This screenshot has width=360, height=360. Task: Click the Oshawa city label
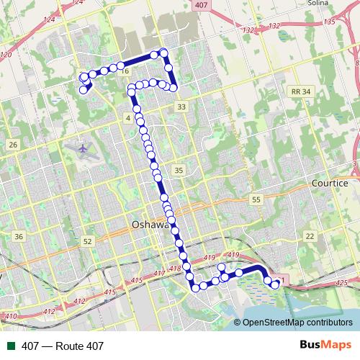tap(151, 224)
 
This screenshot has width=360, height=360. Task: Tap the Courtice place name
tap(330, 183)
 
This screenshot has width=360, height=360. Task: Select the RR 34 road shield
tap(301, 91)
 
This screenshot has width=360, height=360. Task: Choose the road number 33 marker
tap(181, 107)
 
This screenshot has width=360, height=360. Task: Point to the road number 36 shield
tap(19, 236)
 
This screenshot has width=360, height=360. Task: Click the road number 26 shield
tap(13, 145)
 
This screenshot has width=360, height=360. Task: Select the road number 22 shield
tap(310, 236)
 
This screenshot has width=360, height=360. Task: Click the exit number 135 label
tap(330, 22)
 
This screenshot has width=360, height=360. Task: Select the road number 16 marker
tap(125, 71)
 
